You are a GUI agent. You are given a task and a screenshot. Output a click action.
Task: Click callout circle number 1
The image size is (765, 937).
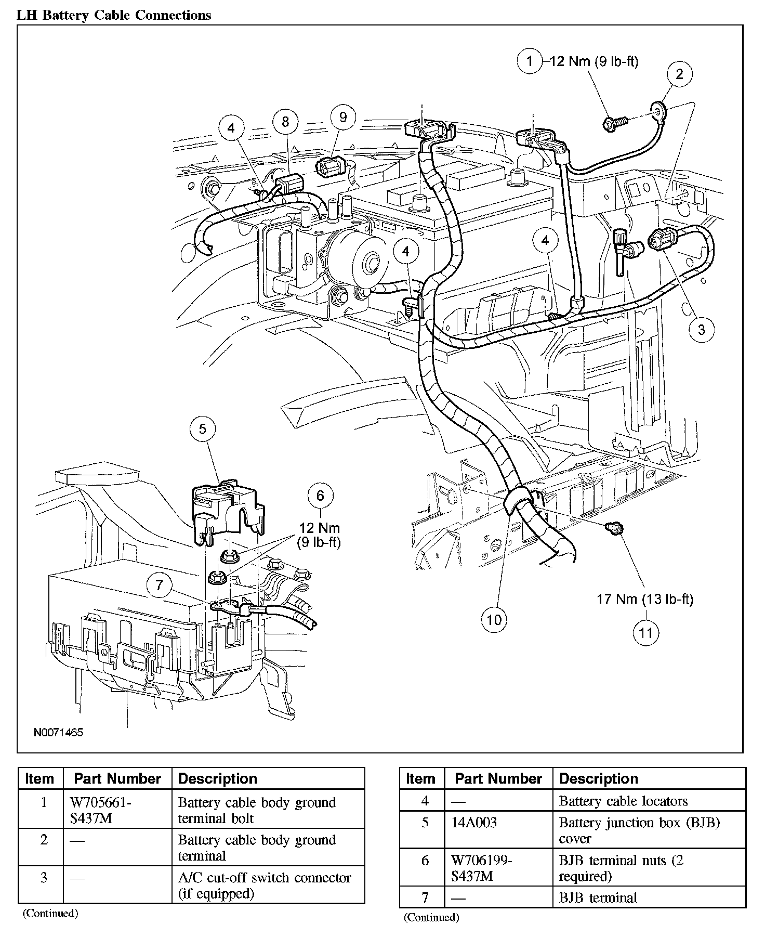[x=530, y=62]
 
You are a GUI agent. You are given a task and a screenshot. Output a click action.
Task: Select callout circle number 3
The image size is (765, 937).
[x=701, y=329]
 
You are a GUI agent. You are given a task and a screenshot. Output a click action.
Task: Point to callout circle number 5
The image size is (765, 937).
[x=203, y=429]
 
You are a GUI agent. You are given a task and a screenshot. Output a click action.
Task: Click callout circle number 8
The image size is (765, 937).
[x=285, y=122]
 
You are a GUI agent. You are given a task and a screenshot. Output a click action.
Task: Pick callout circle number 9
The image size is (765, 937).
[x=343, y=117]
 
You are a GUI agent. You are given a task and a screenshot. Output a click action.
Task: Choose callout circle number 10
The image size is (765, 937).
[x=494, y=619]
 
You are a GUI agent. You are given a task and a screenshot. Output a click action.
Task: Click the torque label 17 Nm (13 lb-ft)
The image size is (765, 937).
[x=644, y=599]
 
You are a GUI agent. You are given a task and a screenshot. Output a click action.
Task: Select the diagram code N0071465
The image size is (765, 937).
[x=58, y=732]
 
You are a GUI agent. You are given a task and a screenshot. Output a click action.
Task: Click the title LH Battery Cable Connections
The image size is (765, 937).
[x=114, y=15]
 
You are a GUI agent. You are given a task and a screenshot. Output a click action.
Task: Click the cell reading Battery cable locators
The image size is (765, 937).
[x=623, y=801]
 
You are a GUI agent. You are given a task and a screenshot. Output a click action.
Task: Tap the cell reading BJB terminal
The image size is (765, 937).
[x=598, y=897]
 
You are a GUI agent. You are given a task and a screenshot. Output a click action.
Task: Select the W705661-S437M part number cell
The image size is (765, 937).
[x=100, y=810]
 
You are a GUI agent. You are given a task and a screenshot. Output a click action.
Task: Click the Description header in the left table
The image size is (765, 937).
[x=217, y=778]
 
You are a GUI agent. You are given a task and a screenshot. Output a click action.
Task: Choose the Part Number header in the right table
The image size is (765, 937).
[x=498, y=778]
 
